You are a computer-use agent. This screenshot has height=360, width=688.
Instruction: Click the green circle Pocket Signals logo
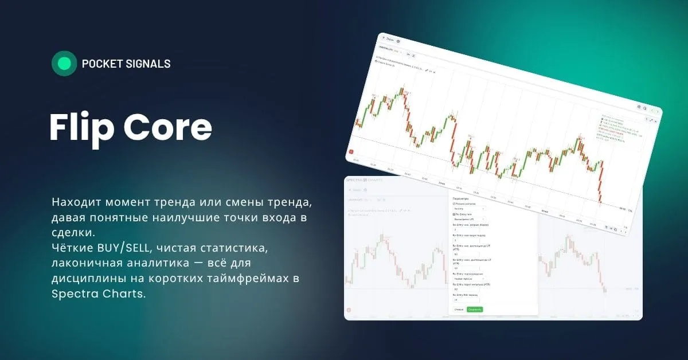64,64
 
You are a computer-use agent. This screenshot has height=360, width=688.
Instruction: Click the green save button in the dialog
475,309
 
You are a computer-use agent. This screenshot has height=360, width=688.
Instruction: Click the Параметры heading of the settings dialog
461,198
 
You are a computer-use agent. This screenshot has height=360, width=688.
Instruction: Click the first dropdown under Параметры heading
469,209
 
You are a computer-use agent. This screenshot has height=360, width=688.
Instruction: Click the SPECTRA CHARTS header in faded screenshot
362,179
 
